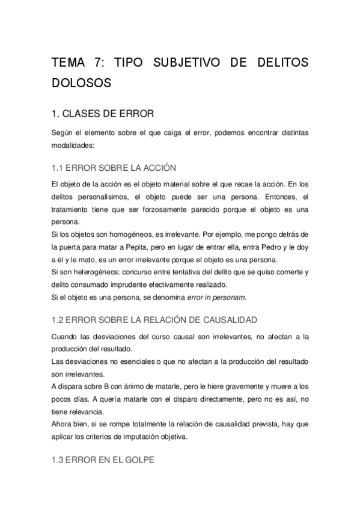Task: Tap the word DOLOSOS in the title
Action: (82, 83)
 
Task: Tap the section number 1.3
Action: (59, 459)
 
